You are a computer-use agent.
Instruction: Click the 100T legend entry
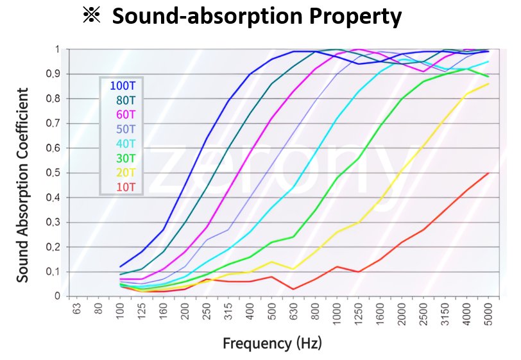[123, 86]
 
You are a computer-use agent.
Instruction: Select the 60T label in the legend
[126, 115]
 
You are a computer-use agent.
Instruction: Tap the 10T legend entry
[126, 187]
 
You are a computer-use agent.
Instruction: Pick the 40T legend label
[126, 144]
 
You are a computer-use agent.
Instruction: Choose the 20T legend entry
[126, 173]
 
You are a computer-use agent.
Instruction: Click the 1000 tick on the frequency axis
[337, 311]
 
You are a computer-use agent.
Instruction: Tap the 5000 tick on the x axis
[488, 311]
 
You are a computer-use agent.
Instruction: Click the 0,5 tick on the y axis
[53, 173]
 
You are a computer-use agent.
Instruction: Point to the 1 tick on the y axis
[58, 49]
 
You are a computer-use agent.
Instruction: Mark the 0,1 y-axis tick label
[53, 272]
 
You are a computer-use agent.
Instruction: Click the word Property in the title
[355, 16]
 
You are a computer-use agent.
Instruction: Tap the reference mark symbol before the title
[91, 15]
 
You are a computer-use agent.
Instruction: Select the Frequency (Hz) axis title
[272, 343]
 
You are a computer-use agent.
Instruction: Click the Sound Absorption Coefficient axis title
[22, 185]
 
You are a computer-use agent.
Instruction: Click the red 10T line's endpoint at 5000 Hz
[488, 173]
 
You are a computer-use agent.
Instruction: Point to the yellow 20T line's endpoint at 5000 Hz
[488, 84]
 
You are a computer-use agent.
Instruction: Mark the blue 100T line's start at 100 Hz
[120, 266]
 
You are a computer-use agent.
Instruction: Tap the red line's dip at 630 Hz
[293, 289]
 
